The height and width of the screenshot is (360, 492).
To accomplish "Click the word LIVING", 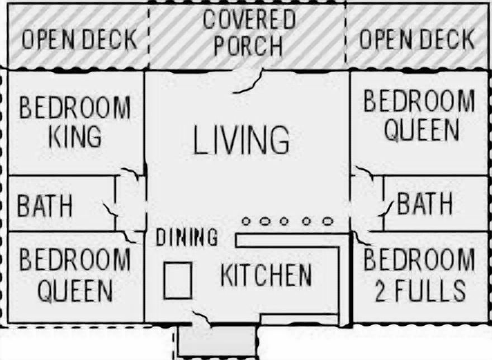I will [x=242, y=140].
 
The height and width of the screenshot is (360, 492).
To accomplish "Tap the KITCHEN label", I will [x=266, y=275].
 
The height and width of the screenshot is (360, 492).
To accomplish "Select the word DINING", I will [x=187, y=238].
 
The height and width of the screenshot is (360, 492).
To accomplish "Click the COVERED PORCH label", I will [x=249, y=33].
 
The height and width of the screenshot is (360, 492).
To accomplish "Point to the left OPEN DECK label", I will [x=79, y=40].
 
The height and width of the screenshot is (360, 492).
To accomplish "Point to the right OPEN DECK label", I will [x=417, y=39].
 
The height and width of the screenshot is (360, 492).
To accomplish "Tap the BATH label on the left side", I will [x=45, y=206].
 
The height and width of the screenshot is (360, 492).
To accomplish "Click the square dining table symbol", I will [x=178, y=280].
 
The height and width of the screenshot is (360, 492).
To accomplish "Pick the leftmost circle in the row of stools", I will [x=246, y=221].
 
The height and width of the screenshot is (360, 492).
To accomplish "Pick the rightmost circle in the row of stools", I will [x=328, y=221].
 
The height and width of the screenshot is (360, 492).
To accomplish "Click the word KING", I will [x=75, y=136].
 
